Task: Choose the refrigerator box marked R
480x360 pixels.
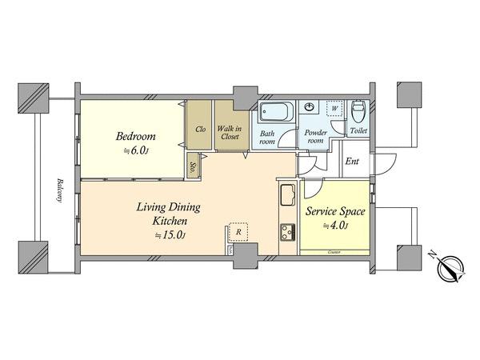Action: pos(238,232)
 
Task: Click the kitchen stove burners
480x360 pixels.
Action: pos(286,232)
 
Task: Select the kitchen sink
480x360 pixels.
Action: pos(286,194)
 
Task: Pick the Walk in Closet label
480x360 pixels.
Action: pos(230,130)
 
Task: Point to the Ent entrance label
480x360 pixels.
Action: pos(352,162)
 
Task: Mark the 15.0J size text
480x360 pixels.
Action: pos(170,234)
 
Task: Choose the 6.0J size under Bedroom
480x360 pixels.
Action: pos(135,150)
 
